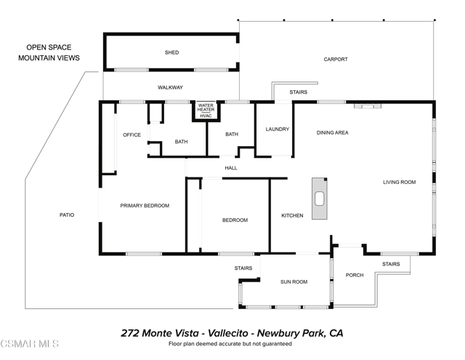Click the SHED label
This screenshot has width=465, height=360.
click(171, 52)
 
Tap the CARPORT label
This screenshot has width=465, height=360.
click(336, 60)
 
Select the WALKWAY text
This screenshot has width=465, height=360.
click(170, 88)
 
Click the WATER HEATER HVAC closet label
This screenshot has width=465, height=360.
click(206, 111)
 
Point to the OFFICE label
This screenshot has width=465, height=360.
click(132, 135)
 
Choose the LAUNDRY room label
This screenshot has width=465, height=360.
click(277, 129)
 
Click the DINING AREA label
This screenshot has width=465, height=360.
click(333, 132)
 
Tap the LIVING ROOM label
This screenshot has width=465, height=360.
click(399, 182)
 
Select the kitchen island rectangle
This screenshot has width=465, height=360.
click(319, 199)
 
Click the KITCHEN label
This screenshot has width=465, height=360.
click(292, 216)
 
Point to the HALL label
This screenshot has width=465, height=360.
click(231, 168)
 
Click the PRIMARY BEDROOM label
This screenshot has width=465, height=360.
click(145, 206)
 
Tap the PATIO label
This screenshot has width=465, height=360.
click(67, 215)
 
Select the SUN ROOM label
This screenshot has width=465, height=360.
click(294, 281)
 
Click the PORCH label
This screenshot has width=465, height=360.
click(355, 275)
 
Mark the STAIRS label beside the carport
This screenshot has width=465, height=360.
click(298, 92)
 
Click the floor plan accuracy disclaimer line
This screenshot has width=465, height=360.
click(231, 344)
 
